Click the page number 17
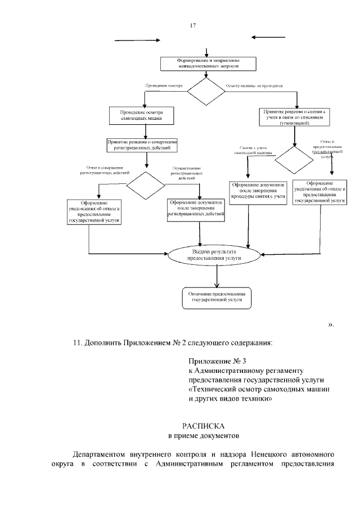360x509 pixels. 192,25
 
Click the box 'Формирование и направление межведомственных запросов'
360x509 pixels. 209,63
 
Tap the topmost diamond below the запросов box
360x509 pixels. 205,91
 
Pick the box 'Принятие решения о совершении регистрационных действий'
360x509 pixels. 143,145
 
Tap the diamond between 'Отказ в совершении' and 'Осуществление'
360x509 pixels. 146,183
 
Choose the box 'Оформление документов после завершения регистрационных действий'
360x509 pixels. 197,209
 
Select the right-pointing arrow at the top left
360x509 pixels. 137,40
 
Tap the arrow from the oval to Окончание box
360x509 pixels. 217,277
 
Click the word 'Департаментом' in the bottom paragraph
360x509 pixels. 100,453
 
